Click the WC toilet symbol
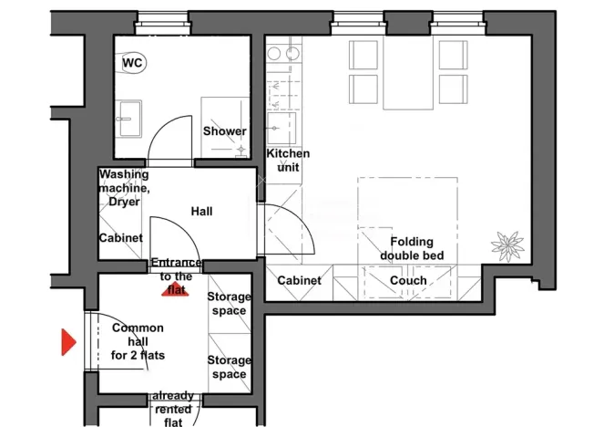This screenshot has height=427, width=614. (x=134, y=62)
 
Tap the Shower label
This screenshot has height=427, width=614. (x=224, y=131)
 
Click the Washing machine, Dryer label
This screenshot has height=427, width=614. (x=123, y=187)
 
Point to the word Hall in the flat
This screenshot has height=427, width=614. (x=201, y=212)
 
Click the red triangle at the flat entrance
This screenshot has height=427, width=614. (x=173, y=290)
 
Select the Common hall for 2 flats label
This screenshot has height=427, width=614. (x=138, y=341)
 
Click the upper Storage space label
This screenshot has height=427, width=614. (x=229, y=304)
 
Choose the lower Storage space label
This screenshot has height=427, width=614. (x=229, y=367)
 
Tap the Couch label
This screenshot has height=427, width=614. (x=407, y=281)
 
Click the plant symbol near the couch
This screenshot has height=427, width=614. (x=507, y=245)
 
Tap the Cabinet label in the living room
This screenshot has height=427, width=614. (x=299, y=281)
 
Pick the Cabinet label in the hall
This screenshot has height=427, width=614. (x=121, y=238)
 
